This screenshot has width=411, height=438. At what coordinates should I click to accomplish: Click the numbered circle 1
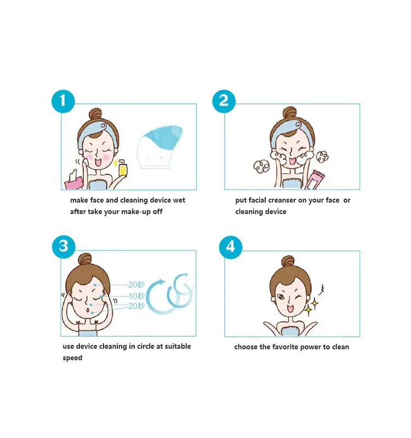(63, 101)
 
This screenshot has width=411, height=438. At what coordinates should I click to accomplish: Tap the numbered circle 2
(224, 101)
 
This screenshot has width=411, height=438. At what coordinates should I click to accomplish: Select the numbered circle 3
(64, 247)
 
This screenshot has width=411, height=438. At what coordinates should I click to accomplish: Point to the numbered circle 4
(230, 247)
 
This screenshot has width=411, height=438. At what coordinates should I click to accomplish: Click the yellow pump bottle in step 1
(122, 168)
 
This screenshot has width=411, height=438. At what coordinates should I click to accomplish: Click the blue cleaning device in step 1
(159, 147)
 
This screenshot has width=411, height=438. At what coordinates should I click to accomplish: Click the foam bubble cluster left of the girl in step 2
(261, 166)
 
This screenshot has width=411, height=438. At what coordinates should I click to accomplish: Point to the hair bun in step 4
(288, 262)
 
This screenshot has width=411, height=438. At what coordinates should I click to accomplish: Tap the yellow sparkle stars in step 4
(311, 307)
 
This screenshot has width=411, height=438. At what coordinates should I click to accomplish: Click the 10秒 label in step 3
(136, 296)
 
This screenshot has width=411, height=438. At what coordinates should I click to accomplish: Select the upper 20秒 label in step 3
(136, 285)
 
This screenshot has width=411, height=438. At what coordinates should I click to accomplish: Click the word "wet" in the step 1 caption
(179, 200)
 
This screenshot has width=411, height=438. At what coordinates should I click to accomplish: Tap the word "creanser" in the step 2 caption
(281, 200)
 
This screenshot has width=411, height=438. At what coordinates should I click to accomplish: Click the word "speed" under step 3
(72, 358)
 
